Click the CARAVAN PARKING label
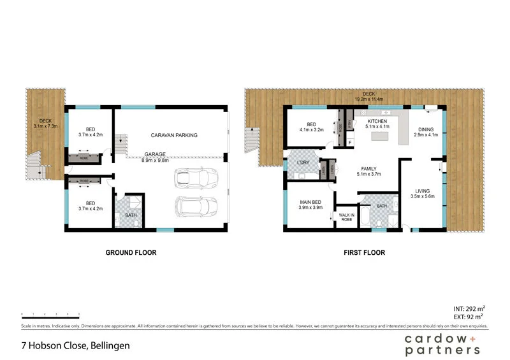click(174, 135)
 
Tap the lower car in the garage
click(196, 206)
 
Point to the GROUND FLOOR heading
click(131, 253)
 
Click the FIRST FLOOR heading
click(363, 253)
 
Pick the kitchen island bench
click(381, 136)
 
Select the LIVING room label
click(422, 191)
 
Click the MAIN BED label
click(310, 203)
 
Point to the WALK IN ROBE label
click(346, 217)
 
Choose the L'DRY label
click(303, 163)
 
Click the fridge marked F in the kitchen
click(350, 142)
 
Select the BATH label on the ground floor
click(131, 215)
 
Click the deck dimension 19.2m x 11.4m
click(369, 99)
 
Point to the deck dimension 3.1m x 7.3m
click(45, 126)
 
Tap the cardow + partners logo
click(442, 345)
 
